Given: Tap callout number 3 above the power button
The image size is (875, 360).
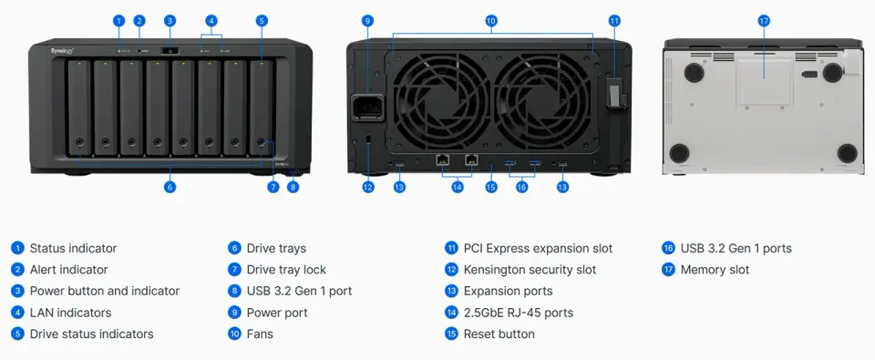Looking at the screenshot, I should click(170, 20).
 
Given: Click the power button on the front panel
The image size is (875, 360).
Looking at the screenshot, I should click(170, 51).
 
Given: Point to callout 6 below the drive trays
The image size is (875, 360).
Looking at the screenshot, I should click(170, 187).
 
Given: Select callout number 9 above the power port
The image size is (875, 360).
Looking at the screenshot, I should click(367, 20).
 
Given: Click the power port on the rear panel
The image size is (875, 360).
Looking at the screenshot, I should click(367, 106).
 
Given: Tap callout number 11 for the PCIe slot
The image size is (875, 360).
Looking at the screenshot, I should click(613, 20).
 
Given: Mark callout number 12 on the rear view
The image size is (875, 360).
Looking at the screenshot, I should click(367, 187).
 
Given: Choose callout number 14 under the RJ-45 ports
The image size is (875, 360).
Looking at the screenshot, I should click(458, 187).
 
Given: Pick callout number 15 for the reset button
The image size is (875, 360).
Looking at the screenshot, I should click(490, 187).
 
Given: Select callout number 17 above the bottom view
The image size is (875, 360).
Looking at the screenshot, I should click(764, 20).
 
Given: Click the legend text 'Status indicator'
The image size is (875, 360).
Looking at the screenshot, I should click(73, 248).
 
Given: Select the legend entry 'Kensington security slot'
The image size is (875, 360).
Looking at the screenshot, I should click(530, 270).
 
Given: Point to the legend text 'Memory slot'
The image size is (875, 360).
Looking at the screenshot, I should click(715, 270).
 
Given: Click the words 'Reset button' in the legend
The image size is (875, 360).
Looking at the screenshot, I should click(499, 334).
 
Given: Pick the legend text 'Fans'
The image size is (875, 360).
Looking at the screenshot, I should click(260, 334).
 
